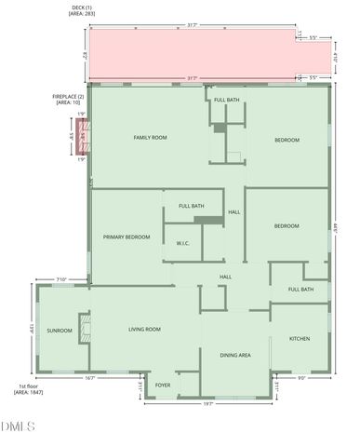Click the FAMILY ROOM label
pyautogui.click(x=150, y=138)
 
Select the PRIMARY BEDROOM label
pyautogui.click(x=126, y=237)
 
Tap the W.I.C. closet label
pyautogui.click(x=183, y=244)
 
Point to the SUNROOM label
pyautogui.click(x=60, y=330)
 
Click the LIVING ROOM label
pyautogui.click(x=144, y=329)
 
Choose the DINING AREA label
pyautogui.click(x=234, y=355)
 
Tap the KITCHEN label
pyautogui.click(x=300, y=338)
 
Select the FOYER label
pyautogui.click(x=163, y=385)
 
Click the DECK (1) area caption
pyautogui.click(x=83, y=12)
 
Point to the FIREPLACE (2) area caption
pyautogui.click(x=68, y=100)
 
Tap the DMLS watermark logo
pyautogui.click(x=18, y=427)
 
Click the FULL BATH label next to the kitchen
pyautogui.click(x=300, y=290)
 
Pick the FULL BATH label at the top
pyautogui.click(x=227, y=100)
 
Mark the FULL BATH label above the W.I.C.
pyautogui.click(x=192, y=206)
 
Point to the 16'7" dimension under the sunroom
pyautogui.click(x=89, y=378)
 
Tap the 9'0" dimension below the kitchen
pyautogui.click(x=300, y=378)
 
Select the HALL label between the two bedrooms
pyautogui.click(x=234, y=212)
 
